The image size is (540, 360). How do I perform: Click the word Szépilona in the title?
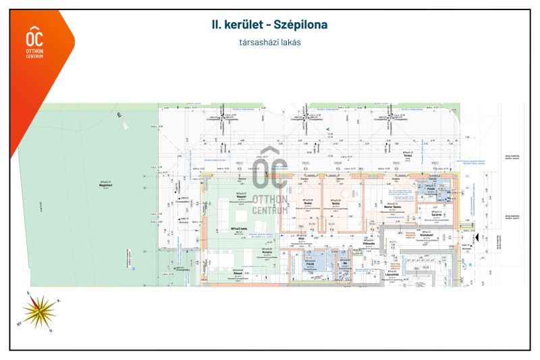tap(301, 25)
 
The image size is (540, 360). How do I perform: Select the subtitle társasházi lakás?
tap(269, 42)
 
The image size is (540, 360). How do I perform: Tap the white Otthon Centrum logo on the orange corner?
tap(34, 42)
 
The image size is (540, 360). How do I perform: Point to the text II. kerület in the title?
tap(237, 25)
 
